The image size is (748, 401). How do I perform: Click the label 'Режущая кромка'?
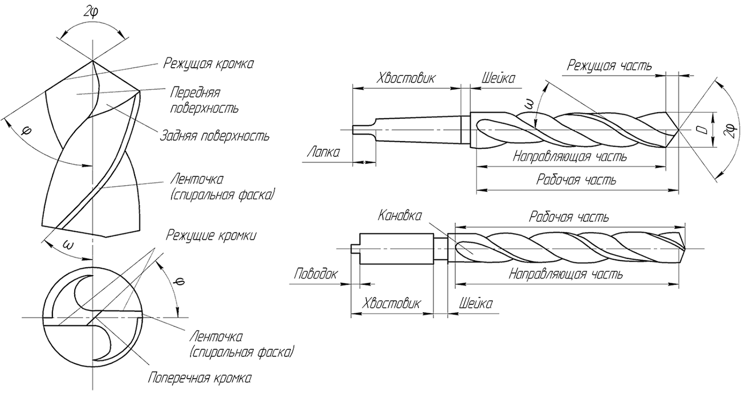(208, 64)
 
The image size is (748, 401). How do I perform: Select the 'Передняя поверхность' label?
(203, 100)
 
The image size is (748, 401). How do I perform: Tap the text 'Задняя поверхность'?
(215, 136)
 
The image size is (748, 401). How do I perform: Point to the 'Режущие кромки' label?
(211, 235)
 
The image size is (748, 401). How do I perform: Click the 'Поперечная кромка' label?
(200, 378)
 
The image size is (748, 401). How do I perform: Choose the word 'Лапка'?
(323, 152)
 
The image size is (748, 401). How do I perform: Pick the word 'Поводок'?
(316, 273)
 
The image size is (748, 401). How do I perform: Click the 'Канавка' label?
(400, 216)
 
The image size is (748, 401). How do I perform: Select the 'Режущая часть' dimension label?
(609, 65)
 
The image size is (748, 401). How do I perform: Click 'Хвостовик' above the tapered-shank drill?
(406, 78)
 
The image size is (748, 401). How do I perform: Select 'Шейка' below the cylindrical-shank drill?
(475, 304)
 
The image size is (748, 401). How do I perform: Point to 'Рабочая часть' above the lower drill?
(569, 217)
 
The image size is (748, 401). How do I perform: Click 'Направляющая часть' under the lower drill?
(566, 274)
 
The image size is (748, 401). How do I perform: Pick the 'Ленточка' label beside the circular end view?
(216, 337)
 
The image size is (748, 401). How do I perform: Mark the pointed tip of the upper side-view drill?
(678, 129)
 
